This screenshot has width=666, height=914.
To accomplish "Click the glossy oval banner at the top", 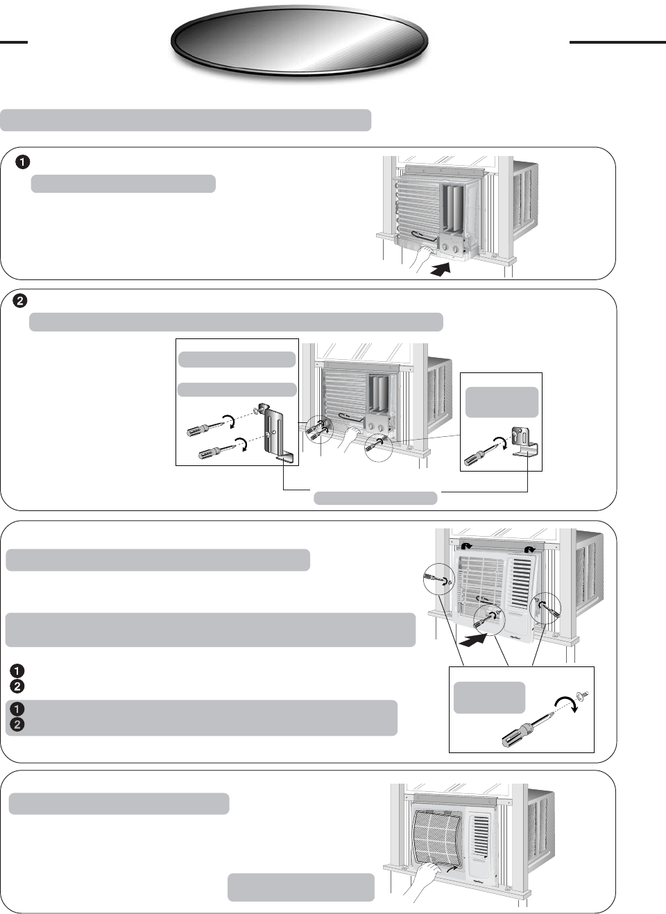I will click(299, 42).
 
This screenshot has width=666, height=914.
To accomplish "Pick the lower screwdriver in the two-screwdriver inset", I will click(216, 451).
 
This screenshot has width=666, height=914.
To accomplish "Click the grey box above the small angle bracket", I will click(502, 402).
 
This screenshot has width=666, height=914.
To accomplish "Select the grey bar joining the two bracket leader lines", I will click(375, 497).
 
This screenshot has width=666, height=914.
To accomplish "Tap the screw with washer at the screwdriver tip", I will click(582, 694).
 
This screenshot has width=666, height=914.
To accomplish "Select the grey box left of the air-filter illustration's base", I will click(300, 887).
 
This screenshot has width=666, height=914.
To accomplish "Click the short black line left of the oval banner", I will click(13, 42).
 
